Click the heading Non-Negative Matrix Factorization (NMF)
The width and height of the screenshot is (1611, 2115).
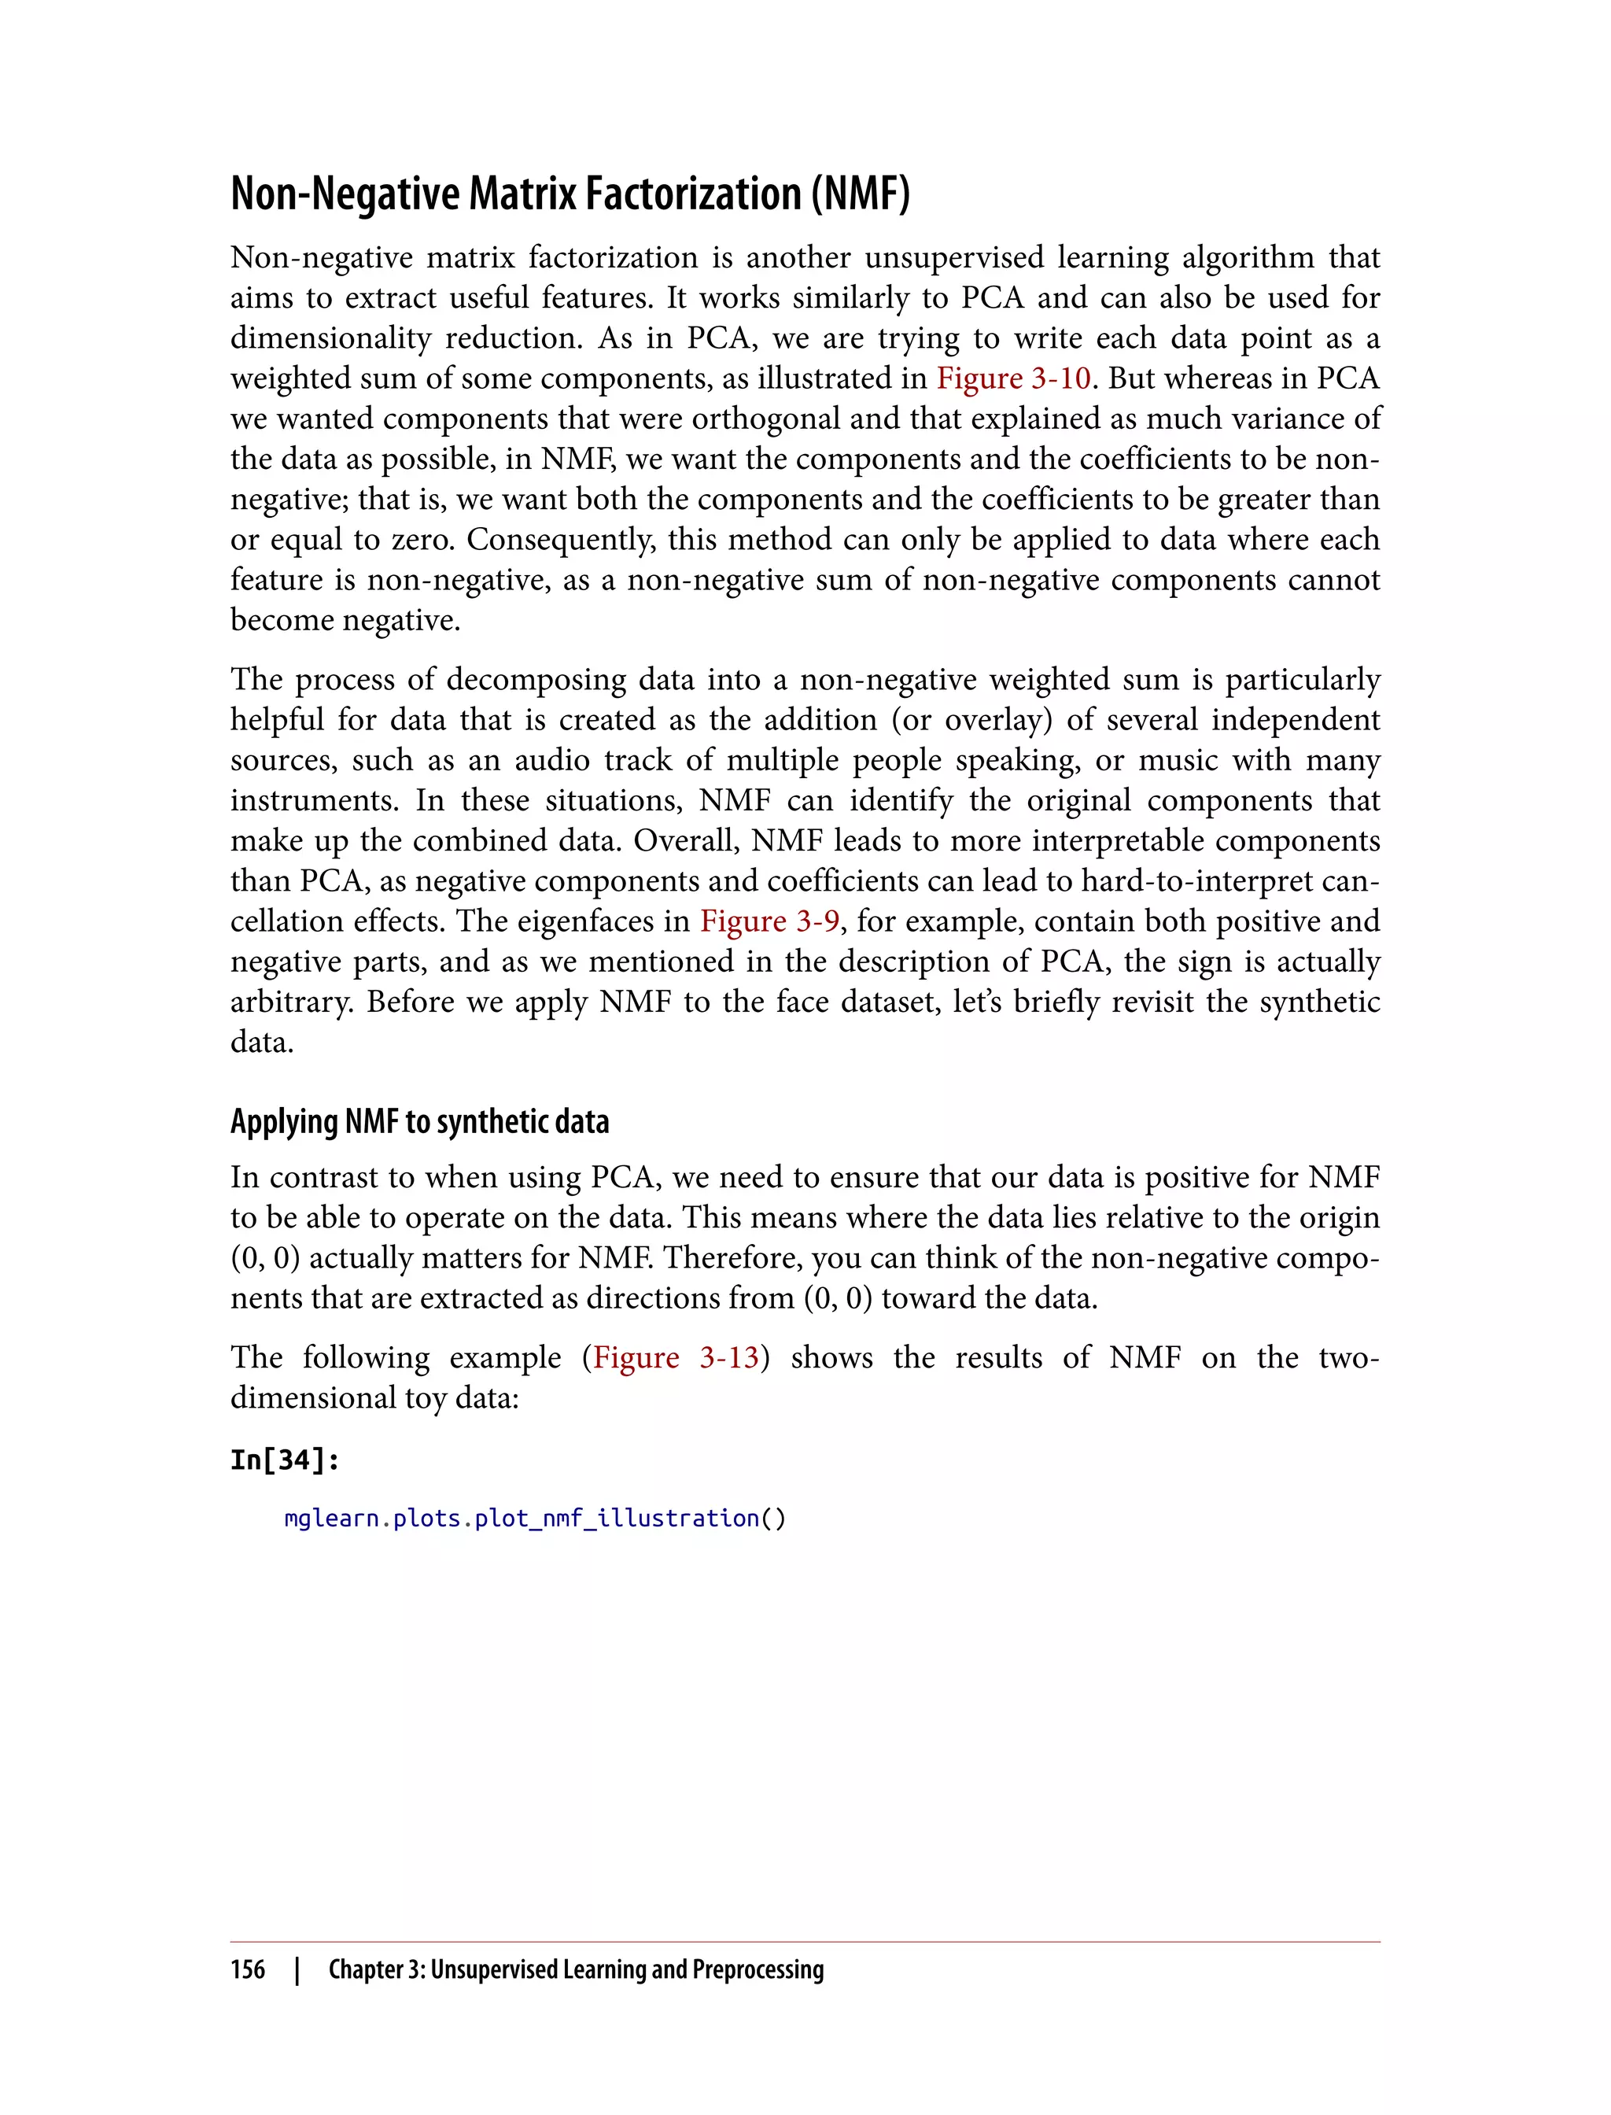tap(570, 194)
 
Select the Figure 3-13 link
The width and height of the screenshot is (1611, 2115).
tap(676, 1357)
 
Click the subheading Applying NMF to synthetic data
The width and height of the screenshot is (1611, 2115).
tap(419, 1121)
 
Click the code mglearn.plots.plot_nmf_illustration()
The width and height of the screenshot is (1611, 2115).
tap(535, 1519)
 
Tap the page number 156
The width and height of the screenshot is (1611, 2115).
tap(248, 1969)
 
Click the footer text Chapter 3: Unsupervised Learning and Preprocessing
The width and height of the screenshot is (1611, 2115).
tap(575, 1969)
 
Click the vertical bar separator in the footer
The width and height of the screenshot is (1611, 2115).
tap(297, 1969)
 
